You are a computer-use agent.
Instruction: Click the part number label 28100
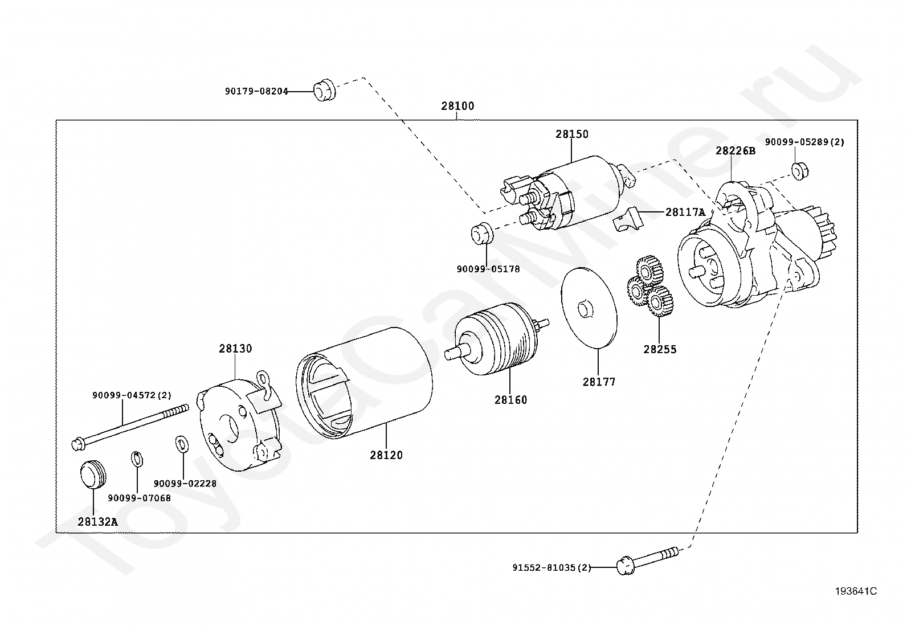click(457, 106)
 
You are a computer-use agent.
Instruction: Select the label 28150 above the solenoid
click(572, 134)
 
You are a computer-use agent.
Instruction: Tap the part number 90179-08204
click(256, 92)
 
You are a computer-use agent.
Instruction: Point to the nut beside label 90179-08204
click(324, 91)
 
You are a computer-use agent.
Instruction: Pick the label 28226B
click(736, 150)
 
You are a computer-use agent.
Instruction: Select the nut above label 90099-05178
click(482, 234)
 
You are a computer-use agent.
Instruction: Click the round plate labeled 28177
click(589, 308)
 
